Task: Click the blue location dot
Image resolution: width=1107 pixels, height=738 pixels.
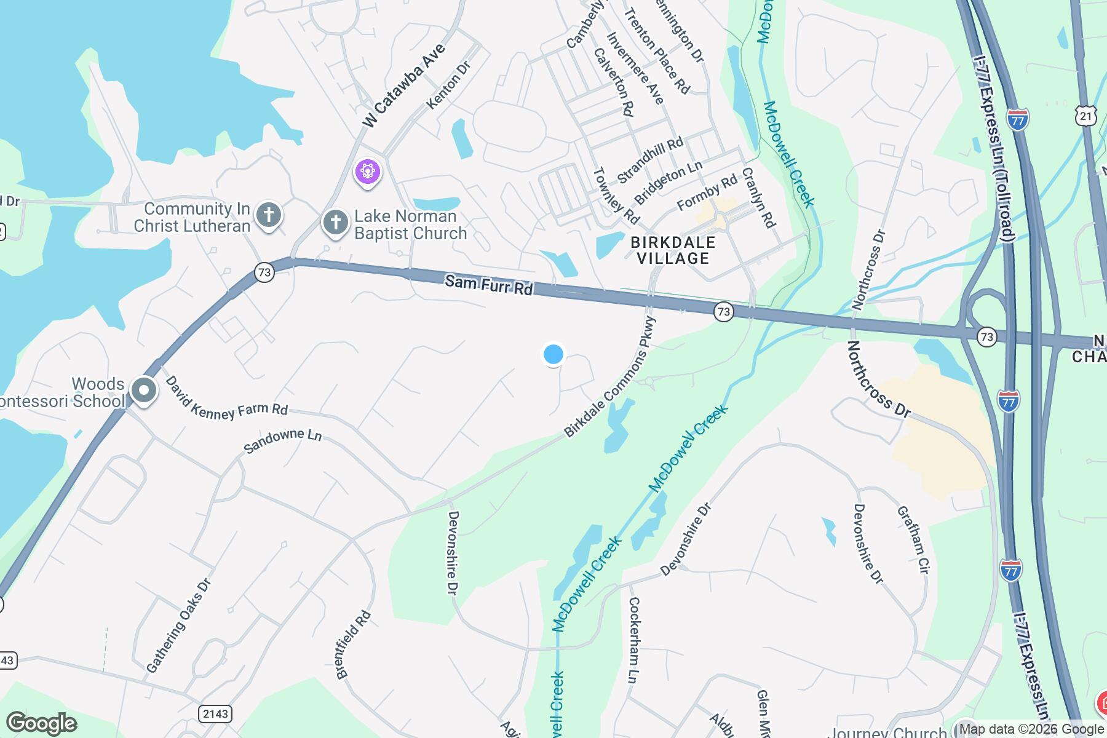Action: tap(553, 354)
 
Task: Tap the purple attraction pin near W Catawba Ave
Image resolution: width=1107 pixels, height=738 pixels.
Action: tap(368, 171)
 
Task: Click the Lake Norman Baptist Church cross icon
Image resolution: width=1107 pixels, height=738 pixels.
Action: tap(335, 223)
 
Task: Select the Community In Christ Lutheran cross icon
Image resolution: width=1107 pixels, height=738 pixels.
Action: tap(269, 215)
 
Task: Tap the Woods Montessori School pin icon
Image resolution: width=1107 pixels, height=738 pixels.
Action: tap(143, 391)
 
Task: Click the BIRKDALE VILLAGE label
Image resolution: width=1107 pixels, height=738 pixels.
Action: tap(673, 250)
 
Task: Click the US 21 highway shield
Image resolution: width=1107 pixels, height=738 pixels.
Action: tap(1087, 116)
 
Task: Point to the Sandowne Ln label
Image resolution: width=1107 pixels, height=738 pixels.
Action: tap(282, 441)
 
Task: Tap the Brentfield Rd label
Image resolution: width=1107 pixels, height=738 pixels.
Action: tap(354, 645)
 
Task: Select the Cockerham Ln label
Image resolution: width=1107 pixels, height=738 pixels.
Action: tap(633, 640)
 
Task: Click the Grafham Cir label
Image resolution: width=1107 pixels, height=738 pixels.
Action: tap(911, 539)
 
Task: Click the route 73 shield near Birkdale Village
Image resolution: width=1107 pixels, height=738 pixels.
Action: tap(724, 312)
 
